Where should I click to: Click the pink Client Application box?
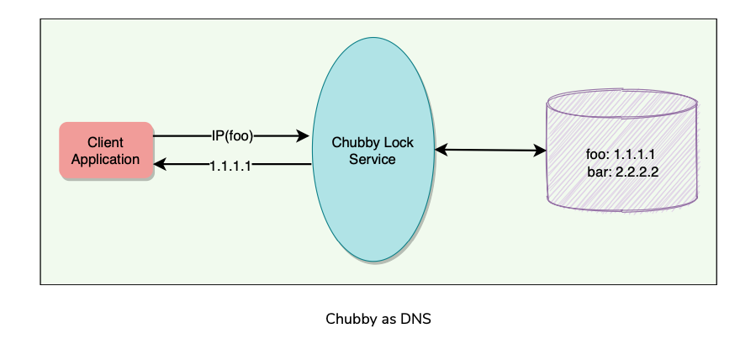(x=106, y=151)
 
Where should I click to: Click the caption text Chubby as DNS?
(x=378, y=320)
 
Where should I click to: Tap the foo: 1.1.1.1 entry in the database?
(x=621, y=155)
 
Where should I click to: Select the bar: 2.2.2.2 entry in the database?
(x=623, y=172)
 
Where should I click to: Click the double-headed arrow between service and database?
(x=490, y=151)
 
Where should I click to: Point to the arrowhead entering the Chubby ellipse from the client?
(x=304, y=135)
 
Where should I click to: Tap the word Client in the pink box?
(x=105, y=143)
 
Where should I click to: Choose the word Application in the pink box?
(x=105, y=159)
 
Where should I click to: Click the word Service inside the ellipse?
(x=373, y=159)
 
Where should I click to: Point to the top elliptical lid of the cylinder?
(x=621, y=101)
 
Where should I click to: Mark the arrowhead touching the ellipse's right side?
(x=441, y=151)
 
